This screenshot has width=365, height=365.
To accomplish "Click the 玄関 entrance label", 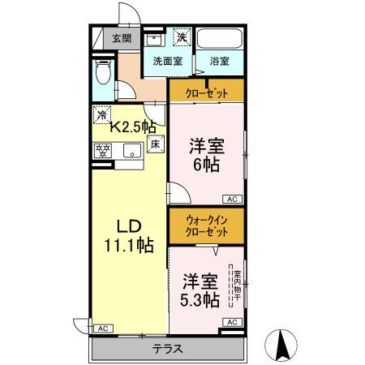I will tap(122, 37).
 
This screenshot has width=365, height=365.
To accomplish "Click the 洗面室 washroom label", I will tap(167, 61).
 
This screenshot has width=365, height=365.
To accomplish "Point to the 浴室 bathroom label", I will tap(218, 61).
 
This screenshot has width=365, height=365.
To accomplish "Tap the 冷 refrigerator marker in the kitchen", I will tap(102, 114).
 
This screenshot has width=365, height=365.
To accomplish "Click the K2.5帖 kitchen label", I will tap(133, 127).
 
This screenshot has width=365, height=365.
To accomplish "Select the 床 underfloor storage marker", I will tap(157, 144).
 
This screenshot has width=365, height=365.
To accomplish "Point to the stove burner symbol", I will tap(103, 149).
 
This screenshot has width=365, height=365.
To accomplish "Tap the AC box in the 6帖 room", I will tap(231, 199).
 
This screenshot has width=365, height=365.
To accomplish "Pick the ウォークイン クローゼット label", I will tap(206, 225).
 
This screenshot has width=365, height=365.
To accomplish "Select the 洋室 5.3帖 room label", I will tap(200, 290).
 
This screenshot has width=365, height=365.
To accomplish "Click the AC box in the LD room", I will tap(102, 328).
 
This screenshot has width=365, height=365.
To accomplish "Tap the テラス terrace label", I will tap(167, 350).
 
